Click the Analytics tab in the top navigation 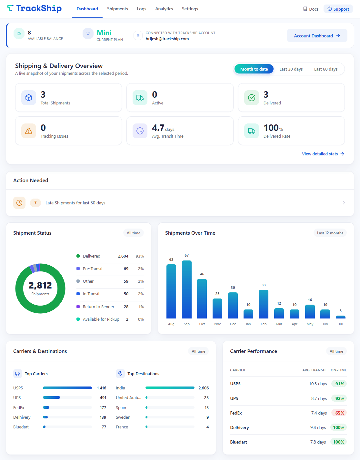click(164, 9)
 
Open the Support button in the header click(338, 9)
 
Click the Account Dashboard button click(317, 35)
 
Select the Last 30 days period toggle click(291, 69)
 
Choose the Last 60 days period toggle click(326, 69)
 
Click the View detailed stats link click(323, 154)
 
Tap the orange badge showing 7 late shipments click(35, 203)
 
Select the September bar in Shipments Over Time click(186, 289)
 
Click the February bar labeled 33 click(264, 304)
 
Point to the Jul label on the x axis click(341, 324)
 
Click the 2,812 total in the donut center click(40, 285)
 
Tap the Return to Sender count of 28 click(126, 307)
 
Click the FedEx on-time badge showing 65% click(339, 413)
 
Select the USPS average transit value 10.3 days click(318, 384)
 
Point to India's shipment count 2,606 click(204, 388)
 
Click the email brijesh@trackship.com click(167, 39)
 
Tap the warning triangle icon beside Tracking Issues click(29, 131)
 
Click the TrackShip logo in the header click(34, 8)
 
